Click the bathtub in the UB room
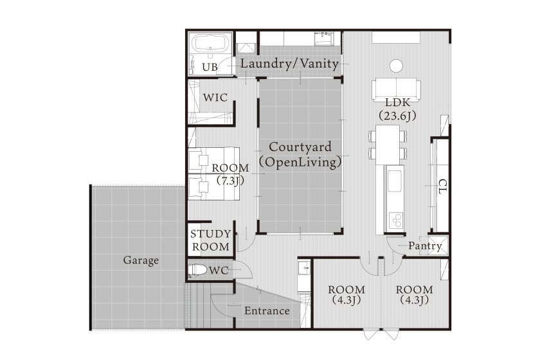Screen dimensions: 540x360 (211, 42)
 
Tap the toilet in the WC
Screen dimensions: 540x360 (197, 270)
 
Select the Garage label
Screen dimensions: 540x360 (141, 260)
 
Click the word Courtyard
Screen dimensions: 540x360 (300, 147)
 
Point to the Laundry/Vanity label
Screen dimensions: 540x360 (289, 64)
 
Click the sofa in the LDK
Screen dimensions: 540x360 (396, 89)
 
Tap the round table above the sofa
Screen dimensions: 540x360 (396, 66)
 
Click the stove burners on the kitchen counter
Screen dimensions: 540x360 (396, 221)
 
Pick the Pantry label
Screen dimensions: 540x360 (425, 246)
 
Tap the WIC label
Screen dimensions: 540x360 (215, 98)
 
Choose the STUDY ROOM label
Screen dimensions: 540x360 (211, 240)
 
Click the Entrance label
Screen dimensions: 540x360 (267, 310)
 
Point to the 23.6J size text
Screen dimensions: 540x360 (397, 116)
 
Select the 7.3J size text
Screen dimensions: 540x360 (230, 181)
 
